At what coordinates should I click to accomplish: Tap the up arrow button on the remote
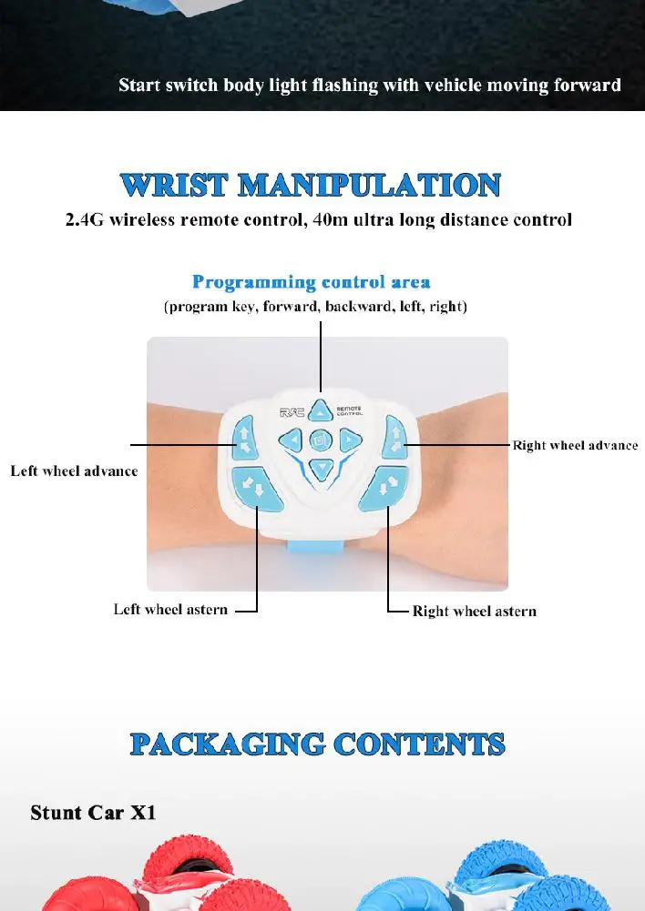pyautogui.click(x=320, y=410)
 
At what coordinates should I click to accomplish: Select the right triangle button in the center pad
pyautogui.click(x=347, y=441)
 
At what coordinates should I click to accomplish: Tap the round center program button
pyautogui.click(x=320, y=442)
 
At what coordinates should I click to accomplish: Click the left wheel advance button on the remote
pyautogui.click(x=243, y=436)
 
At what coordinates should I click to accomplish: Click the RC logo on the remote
pyautogui.click(x=292, y=412)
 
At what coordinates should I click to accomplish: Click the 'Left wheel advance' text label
pyautogui.click(x=75, y=471)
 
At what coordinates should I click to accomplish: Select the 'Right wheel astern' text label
pyautogui.click(x=474, y=612)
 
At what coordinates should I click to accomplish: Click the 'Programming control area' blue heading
pyautogui.click(x=312, y=282)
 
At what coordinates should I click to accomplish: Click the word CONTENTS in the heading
pyautogui.click(x=418, y=744)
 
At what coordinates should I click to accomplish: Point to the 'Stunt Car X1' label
pyautogui.click(x=93, y=812)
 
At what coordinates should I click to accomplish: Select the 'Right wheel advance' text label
pyautogui.click(x=575, y=446)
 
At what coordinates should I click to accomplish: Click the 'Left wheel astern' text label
pyautogui.click(x=170, y=610)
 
